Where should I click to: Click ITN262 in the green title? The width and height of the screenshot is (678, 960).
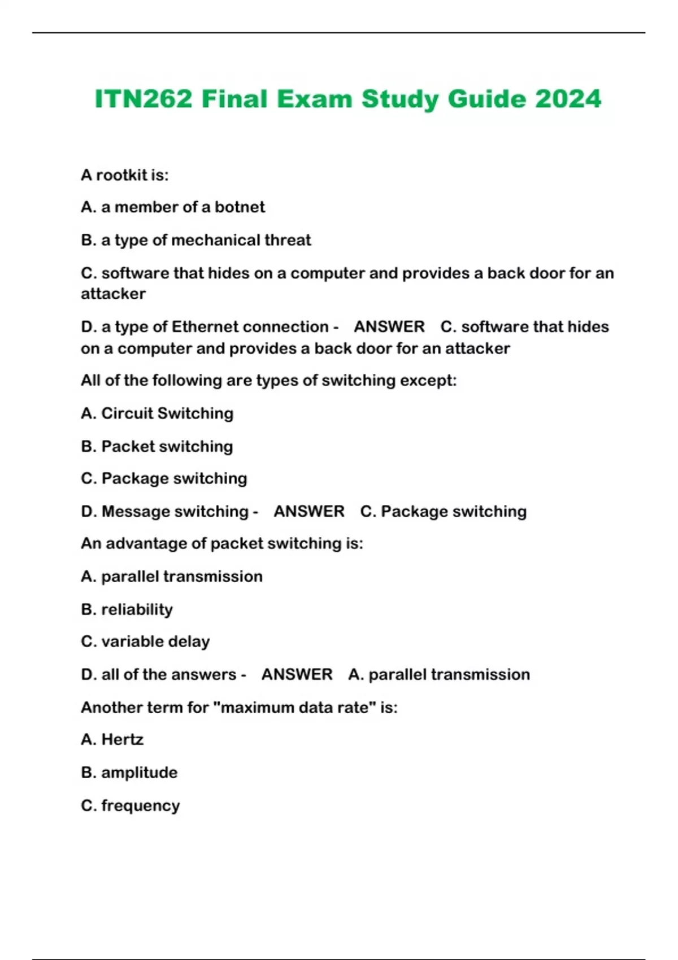click(144, 99)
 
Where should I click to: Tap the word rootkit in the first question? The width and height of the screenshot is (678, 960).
click(121, 175)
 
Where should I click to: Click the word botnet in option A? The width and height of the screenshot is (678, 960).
click(240, 207)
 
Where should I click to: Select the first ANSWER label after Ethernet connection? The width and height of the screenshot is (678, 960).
click(389, 326)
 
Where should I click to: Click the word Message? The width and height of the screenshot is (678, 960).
click(135, 511)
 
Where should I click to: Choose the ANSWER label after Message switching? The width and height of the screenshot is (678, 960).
click(308, 511)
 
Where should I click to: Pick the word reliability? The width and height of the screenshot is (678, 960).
click(137, 609)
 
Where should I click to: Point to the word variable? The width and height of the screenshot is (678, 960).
click(132, 642)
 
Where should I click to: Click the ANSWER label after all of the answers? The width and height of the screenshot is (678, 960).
click(297, 674)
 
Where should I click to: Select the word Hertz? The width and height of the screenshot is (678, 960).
click(122, 739)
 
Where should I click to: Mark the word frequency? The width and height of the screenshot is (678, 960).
click(140, 805)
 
